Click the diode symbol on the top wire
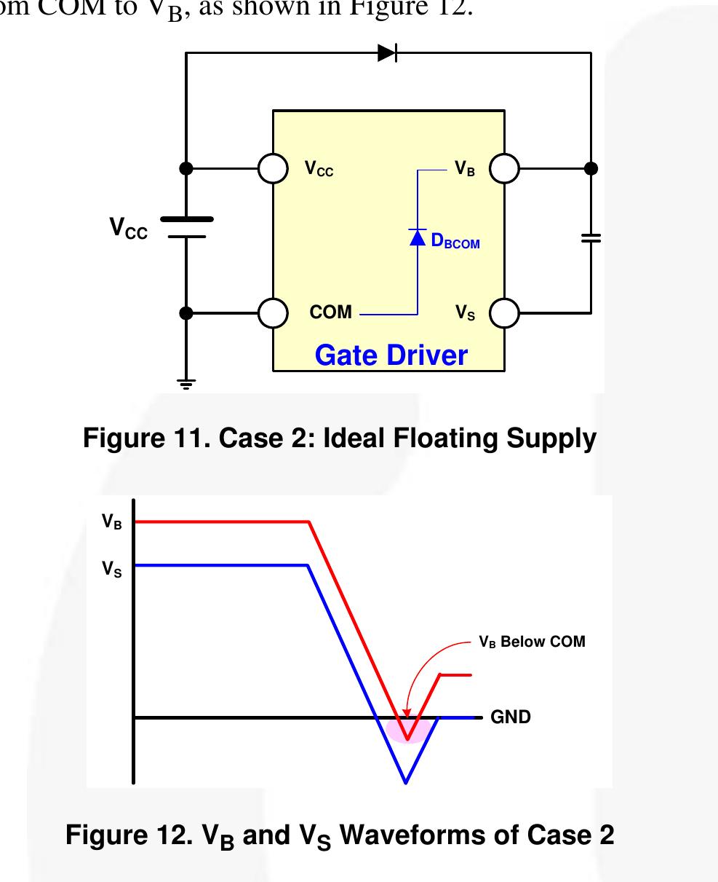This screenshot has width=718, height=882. click(387, 52)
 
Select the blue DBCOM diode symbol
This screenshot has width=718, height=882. click(417, 237)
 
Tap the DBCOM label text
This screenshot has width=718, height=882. click(455, 242)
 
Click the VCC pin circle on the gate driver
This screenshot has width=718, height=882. click(273, 168)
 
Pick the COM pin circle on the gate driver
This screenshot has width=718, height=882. click(273, 313)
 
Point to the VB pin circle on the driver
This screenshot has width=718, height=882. click(504, 168)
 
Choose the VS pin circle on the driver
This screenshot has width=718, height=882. click(504, 313)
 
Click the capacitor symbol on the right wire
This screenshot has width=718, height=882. click(591, 238)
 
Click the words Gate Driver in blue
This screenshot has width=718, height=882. click(391, 355)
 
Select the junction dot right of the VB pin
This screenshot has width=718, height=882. click(591, 168)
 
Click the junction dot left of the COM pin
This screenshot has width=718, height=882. click(186, 313)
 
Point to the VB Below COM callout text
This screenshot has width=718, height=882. click(532, 642)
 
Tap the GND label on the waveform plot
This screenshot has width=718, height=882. click(511, 717)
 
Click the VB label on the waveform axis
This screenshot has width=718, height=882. click(111, 522)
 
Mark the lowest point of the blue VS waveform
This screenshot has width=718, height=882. click(406, 782)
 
